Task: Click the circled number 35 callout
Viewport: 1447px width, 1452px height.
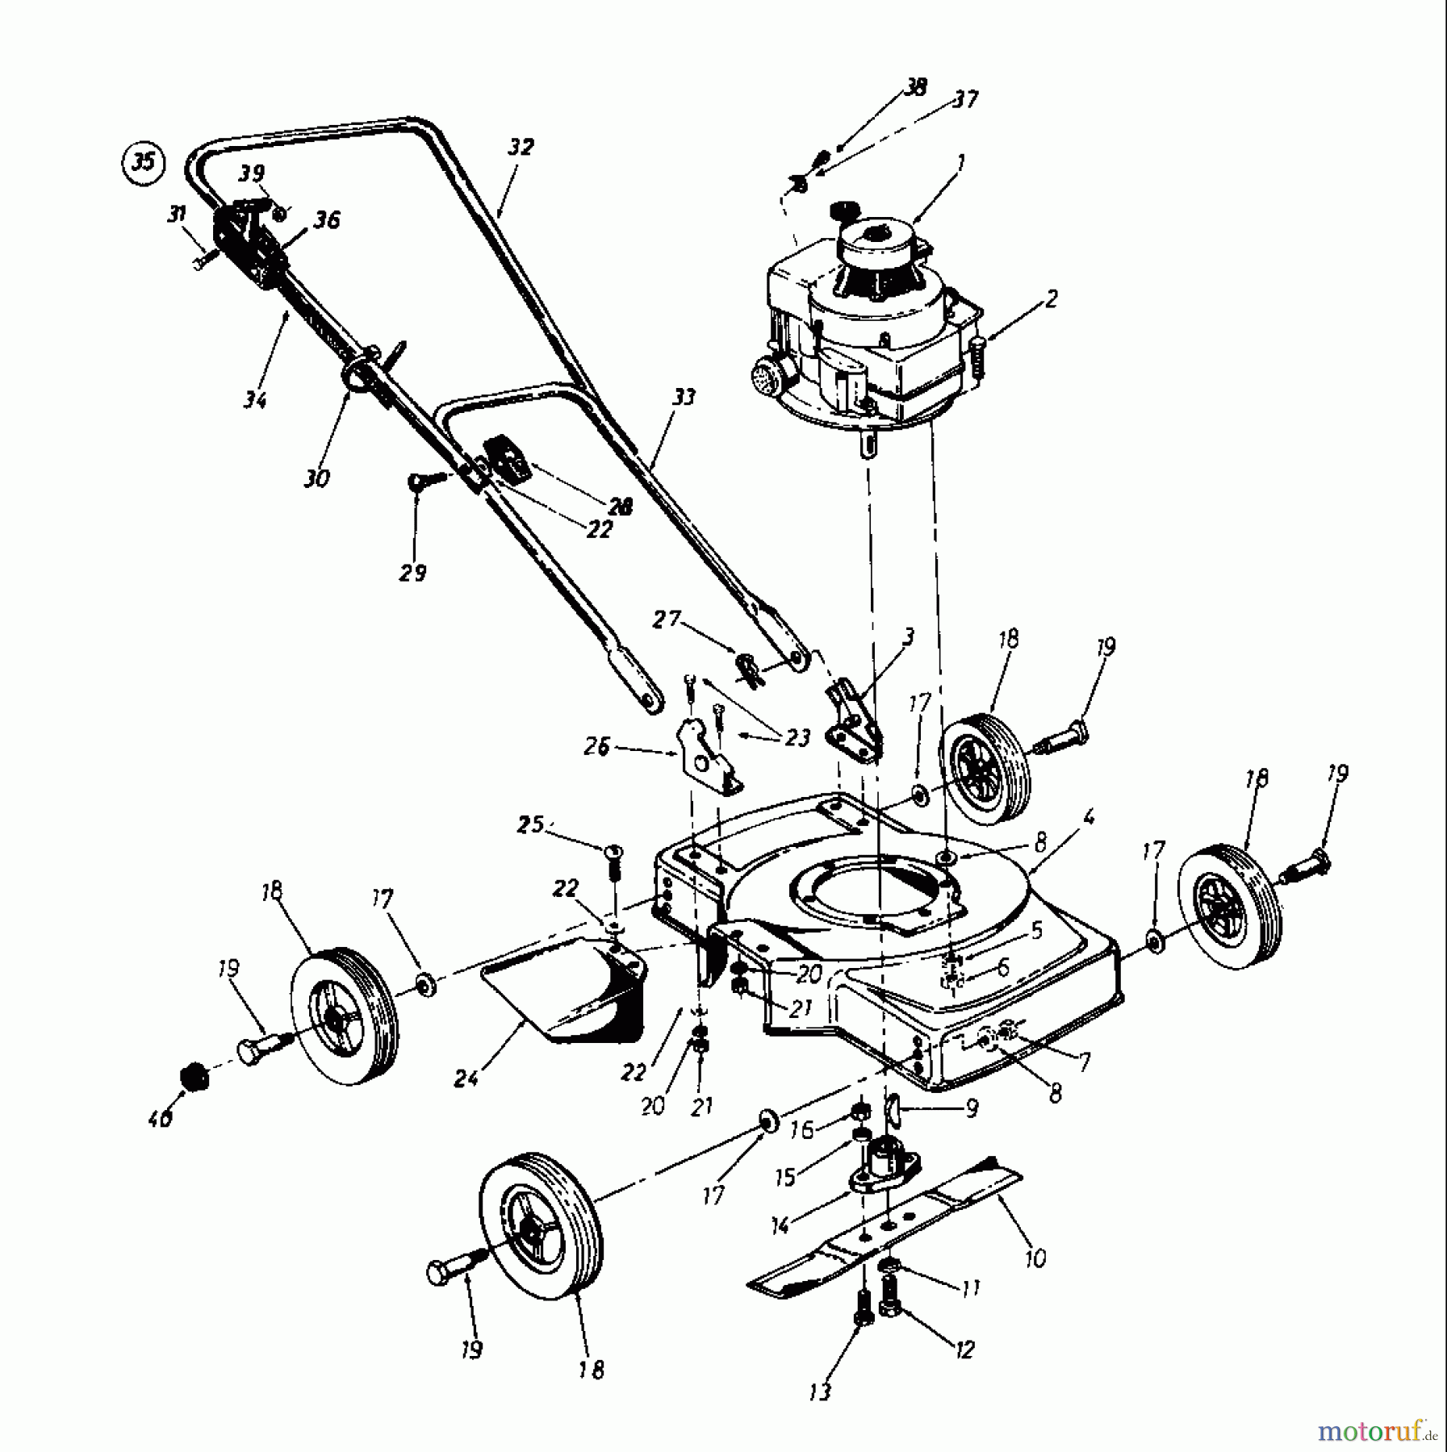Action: pyautogui.click(x=143, y=162)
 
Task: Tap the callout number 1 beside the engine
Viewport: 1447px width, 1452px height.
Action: pyautogui.click(x=960, y=163)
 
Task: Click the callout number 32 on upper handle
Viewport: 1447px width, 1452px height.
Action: pyautogui.click(x=521, y=148)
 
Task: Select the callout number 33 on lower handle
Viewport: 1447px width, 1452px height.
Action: pyautogui.click(x=683, y=397)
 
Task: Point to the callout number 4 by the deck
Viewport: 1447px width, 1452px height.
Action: pyautogui.click(x=1089, y=818)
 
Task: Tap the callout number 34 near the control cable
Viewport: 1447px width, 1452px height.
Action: pyautogui.click(x=255, y=398)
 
